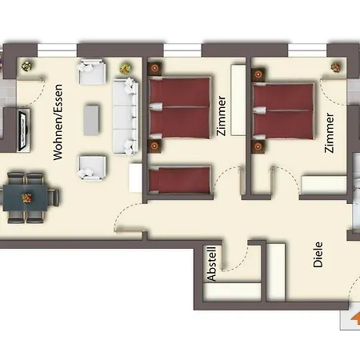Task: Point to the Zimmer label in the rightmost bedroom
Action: pos(330,133)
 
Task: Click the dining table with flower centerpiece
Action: pos(27,197)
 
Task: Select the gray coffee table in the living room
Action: pos(92,120)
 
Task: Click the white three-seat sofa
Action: pos(125,116)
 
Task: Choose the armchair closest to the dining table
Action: pos(92,167)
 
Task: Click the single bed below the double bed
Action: pos(180,179)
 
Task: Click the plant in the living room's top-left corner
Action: pos(26,66)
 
